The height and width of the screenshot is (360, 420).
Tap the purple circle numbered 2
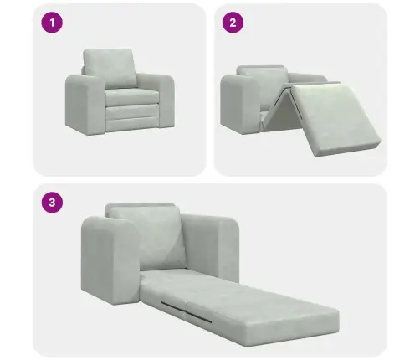point(231,23)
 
